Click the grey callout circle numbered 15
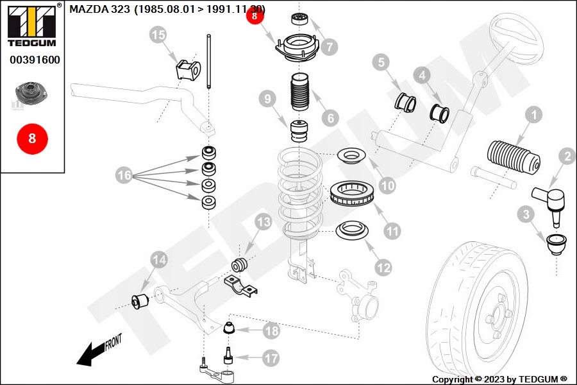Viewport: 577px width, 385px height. point(158,35)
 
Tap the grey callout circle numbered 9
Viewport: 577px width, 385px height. point(268,99)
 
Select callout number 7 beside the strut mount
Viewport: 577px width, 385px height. point(330,46)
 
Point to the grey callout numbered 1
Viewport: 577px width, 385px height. point(533,116)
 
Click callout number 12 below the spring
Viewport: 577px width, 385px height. point(383,268)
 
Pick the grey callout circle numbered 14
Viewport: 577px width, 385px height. point(159,259)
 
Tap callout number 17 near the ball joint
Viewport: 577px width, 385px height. point(271,358)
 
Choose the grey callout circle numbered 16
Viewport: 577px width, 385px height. point(124,174)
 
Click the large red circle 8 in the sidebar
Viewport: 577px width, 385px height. point(32,138)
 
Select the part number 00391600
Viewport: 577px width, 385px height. point(35,60)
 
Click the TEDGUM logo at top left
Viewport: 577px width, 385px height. point(31,25)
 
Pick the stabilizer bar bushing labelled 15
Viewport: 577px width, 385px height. point(188,69)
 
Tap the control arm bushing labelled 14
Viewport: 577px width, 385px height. point(140,299)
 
